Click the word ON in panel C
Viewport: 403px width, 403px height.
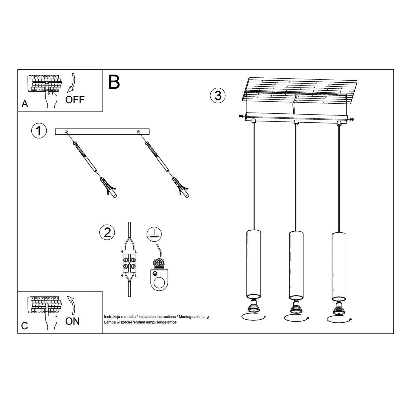click(72, 321)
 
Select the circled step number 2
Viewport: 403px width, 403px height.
click(107, 232)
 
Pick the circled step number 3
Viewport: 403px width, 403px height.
click(218, 96)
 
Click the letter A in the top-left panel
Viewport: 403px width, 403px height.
click(25, 104)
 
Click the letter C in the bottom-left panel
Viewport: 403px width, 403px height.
click(25, 326)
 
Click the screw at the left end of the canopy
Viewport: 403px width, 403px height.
click(240, 116)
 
